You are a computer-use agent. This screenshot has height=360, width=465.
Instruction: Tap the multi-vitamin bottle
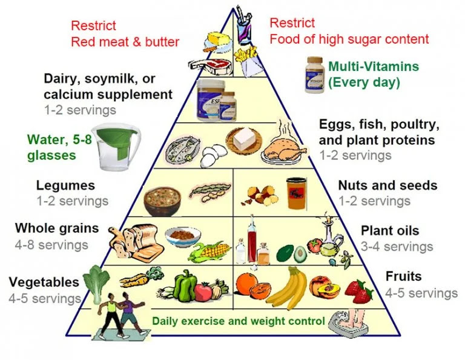(x=315, y=75)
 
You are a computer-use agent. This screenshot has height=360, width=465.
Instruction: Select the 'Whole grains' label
(x=57, y=228)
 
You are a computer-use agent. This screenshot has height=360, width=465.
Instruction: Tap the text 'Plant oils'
(x=390, y=231)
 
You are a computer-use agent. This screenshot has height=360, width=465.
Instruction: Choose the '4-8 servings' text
(x=52, y=245)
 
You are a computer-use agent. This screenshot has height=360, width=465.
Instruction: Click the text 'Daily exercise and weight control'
(x=239, y=321)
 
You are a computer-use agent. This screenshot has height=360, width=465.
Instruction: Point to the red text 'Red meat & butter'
(x=125, y=42)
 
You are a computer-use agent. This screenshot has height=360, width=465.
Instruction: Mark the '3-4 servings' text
(x=397, y=247)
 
